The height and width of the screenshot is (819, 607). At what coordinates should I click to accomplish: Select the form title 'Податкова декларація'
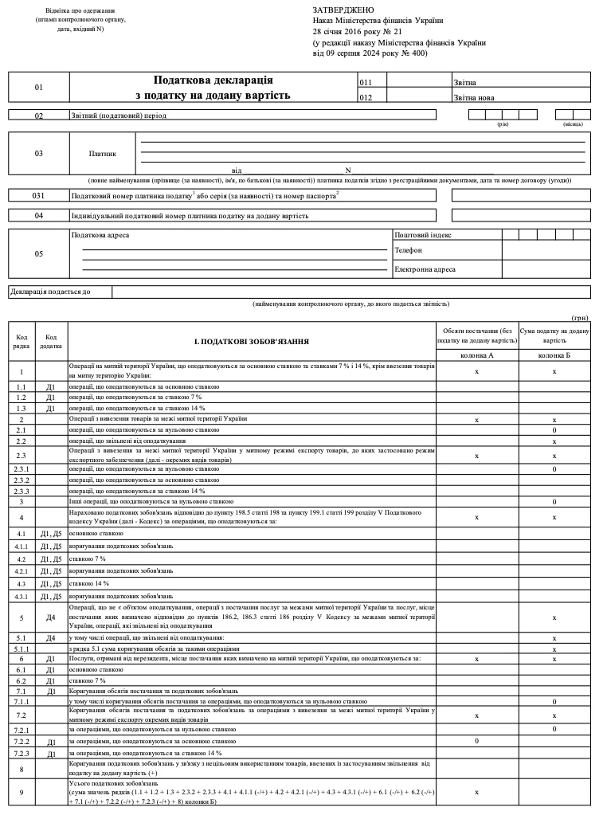(x=213, y=80)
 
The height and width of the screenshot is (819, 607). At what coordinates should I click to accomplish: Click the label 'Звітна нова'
(x=476, y=98)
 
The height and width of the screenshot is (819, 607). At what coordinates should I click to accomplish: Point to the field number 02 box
(x=39, y=116)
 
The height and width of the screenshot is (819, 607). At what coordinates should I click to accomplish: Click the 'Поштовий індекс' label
(x=423, y=235)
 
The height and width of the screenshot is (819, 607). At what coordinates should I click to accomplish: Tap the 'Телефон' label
(x=409, y=250)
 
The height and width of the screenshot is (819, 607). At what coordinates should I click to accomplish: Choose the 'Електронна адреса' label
(x=425, y=269)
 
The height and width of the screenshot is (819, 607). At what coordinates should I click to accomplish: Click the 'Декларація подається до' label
(x=50, y=292)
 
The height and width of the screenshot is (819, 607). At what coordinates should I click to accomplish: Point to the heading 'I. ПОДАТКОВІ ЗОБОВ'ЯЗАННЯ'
(x=251, y=341)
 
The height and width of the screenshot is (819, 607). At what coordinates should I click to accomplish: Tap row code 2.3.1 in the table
(x=22, y=469)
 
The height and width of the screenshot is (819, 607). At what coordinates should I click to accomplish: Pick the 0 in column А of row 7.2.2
(x=476, y=741)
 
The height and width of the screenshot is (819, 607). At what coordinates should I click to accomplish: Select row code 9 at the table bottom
(x=22, y=792)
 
